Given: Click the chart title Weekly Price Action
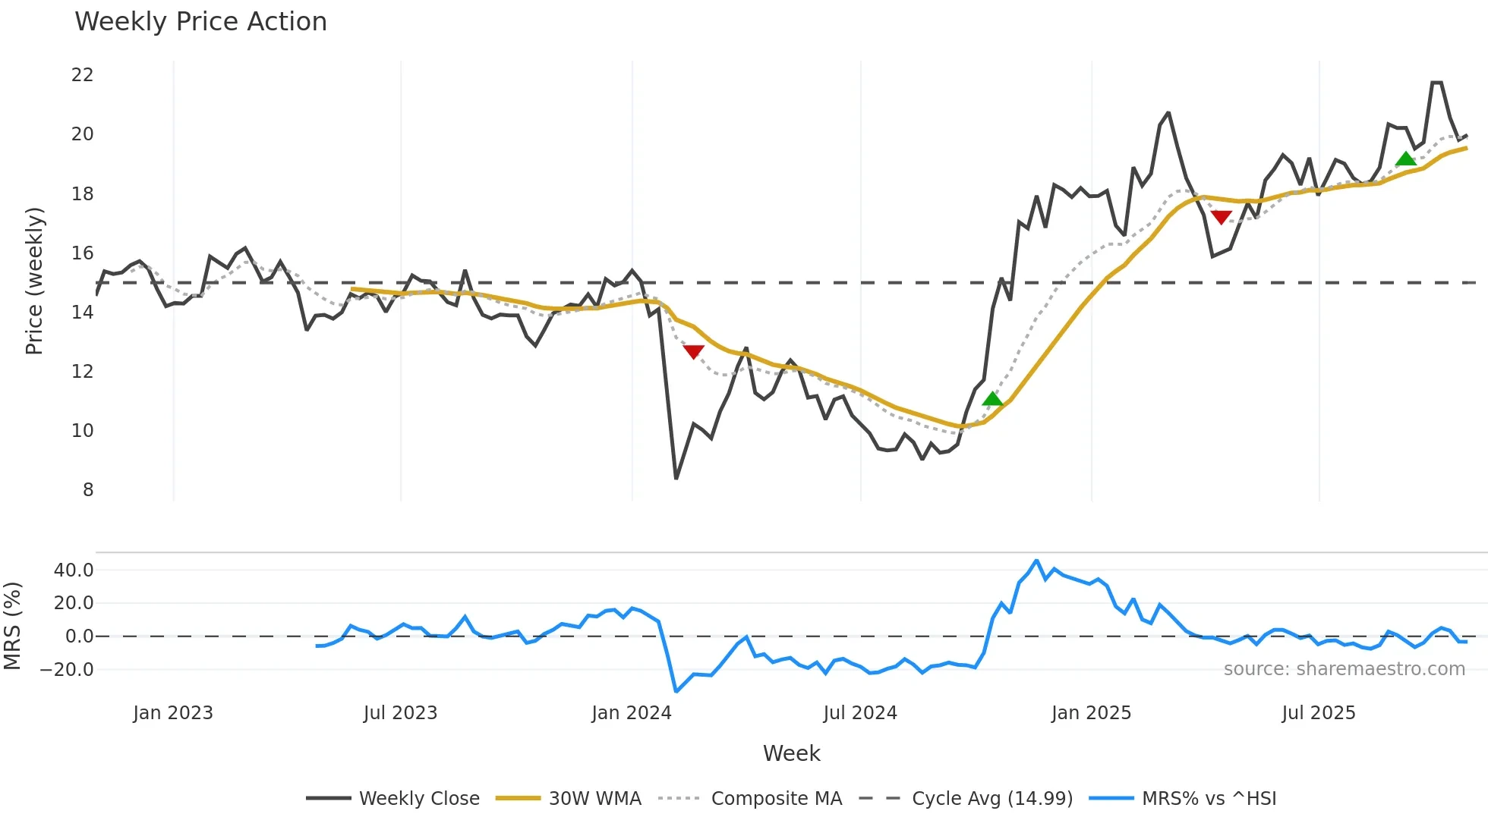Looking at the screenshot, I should point(200,22).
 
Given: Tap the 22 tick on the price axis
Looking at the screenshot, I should point(82,75).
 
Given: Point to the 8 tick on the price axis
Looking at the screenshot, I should point(88,490).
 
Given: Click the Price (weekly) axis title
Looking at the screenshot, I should point(34,281).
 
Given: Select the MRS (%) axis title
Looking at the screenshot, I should point(13,626).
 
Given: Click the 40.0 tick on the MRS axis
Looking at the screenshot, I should point(74,570).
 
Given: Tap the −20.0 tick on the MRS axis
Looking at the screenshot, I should point(67,670).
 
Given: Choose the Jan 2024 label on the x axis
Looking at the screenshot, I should point(632,713).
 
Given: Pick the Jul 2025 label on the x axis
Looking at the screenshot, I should point(1319,713).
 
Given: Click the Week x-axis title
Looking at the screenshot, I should point(791,753).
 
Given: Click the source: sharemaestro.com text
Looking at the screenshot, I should point(1344,669).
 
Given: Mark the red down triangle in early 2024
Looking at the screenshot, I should point(694,351).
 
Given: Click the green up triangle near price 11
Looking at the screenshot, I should point(992,399).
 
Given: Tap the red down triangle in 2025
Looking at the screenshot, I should point(1221,217).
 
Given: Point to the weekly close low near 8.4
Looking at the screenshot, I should point(676,478).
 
